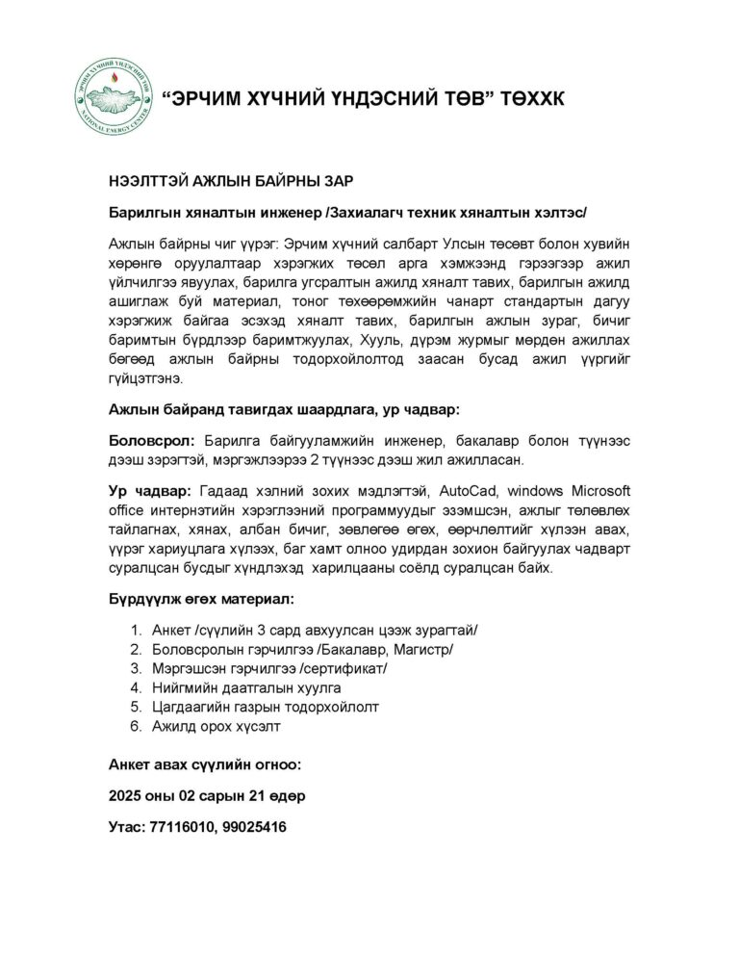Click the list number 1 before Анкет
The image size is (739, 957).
(x=136, y=630)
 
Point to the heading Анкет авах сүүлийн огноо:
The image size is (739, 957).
(x=204, y=766)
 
